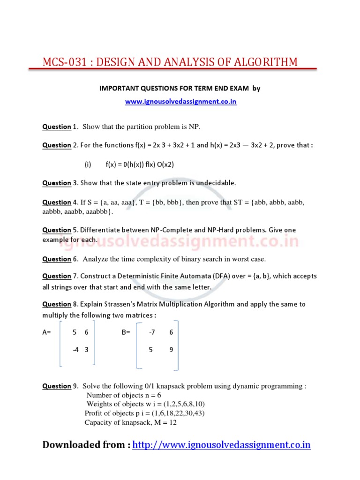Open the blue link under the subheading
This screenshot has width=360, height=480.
pos(180,102)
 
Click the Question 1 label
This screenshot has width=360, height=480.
pos(60,127)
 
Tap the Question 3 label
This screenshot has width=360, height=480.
pos(60,183)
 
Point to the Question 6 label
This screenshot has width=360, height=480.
pos(60,259)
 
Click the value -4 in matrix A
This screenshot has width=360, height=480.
pos(75,349)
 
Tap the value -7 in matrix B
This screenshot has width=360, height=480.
pos(151,332)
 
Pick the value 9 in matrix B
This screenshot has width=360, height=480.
pos(171,349)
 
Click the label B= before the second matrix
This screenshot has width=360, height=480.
pos(126,332)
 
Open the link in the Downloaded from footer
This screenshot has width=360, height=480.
pos(222,445)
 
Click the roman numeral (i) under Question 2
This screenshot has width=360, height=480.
pos(87,165)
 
